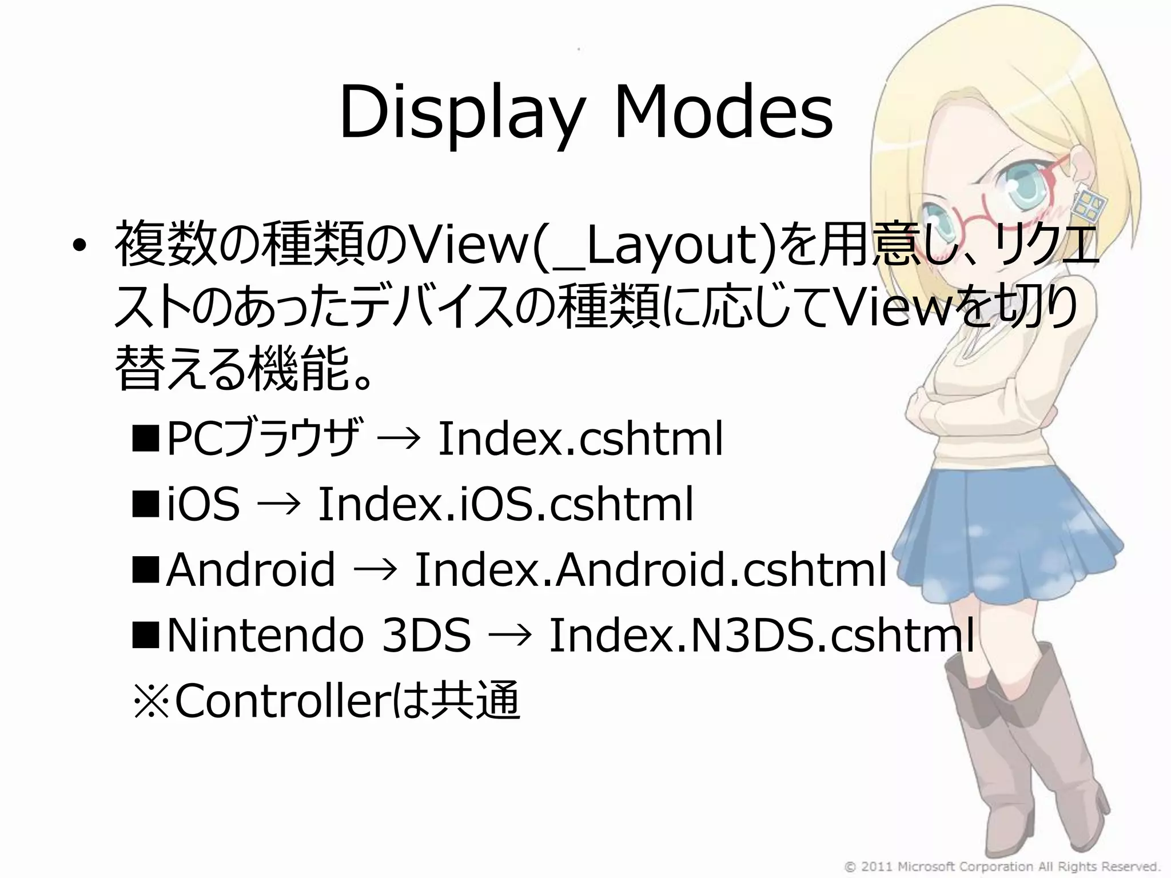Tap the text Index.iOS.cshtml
[505, 505]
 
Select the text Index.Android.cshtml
[650, 570]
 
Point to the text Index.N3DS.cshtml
[761, 636]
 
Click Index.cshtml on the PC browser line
[580, 439]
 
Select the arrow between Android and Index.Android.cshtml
[375, 570]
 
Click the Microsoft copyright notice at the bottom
[1001, 866]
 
